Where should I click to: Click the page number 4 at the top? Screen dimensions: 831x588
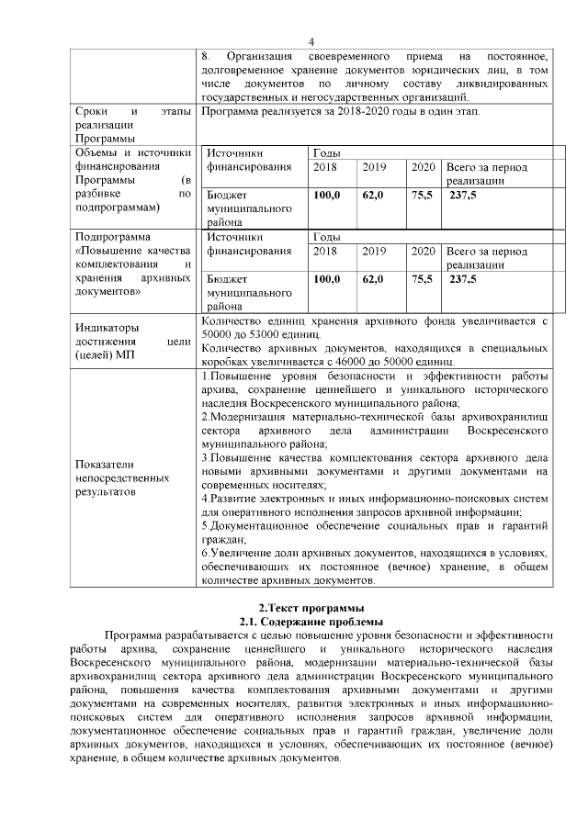[x=311, y=41]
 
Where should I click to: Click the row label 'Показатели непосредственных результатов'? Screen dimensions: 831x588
[x=122, y=477]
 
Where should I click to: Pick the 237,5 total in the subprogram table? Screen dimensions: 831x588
[x=461, y=279]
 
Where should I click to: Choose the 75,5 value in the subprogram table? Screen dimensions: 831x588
[x=421, y=279]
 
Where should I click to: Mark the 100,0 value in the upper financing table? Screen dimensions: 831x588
[x=326, y=195]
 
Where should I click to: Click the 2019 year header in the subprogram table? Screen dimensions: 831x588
[x=373, y=251]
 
